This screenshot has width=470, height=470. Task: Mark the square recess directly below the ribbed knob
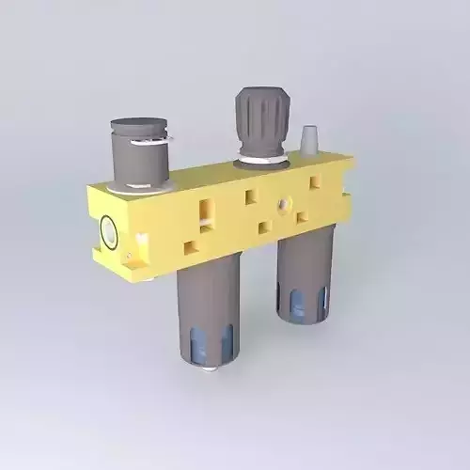[x=250, y=197]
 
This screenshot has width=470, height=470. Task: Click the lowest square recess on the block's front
[x=191, y=247]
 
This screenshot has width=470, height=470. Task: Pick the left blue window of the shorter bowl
[x=293, y=301]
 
